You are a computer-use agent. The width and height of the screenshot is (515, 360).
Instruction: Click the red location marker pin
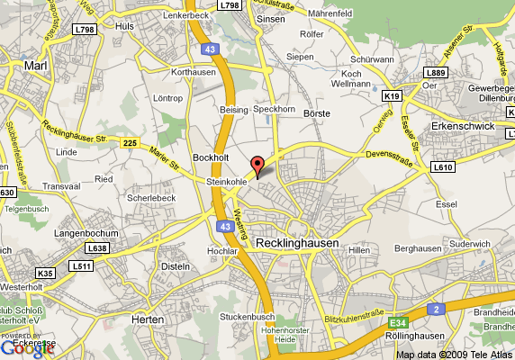257,166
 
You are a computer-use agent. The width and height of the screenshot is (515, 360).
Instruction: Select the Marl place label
35,66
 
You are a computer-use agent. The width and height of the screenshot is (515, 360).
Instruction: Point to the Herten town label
146,319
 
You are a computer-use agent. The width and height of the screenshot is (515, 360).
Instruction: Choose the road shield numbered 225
131,142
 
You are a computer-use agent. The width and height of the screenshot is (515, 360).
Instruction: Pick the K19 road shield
391,94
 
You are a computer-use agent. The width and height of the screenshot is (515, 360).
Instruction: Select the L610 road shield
443,166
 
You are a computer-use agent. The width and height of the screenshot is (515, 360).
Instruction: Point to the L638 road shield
96,247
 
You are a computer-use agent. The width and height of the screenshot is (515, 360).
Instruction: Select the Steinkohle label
226,182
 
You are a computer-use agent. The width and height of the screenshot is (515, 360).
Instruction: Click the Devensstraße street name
393,156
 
